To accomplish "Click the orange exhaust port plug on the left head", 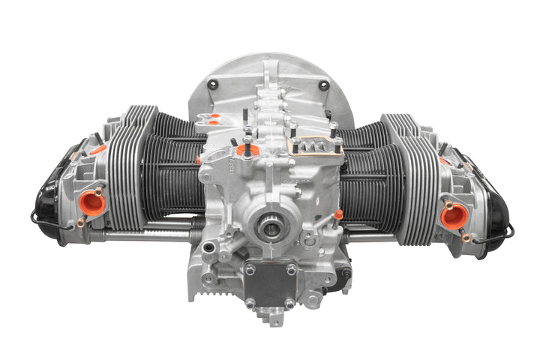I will click(x=92, y=202).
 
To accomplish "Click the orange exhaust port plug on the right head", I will click(x=453, y=216).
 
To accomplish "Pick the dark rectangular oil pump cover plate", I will click(x=268, y=285).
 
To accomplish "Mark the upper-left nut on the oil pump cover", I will click(x=250, y=268).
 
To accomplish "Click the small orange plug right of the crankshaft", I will click(x=338, y=214).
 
